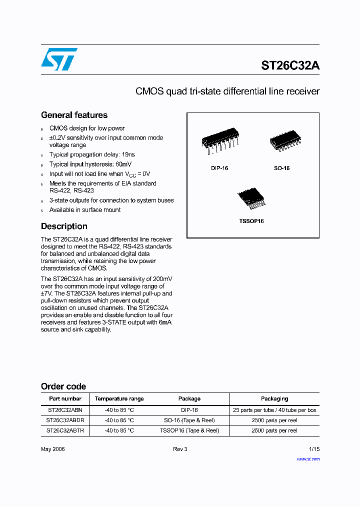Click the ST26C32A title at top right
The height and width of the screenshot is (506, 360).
coord(290,65)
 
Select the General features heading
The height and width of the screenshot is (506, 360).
coord(74,115)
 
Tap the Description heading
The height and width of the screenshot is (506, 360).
coord(64,226)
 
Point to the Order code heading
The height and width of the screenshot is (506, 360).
coord(63,386)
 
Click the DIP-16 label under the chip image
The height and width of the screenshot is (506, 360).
coord(219,168)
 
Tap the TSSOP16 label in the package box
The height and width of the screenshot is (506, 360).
coord(251,221)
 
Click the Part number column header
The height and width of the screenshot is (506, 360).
coord(65,399)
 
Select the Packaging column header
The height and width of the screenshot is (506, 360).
coord(274,399)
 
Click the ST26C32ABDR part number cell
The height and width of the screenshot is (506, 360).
coord(65,420)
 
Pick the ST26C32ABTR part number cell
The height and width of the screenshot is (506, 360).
coord(65,430)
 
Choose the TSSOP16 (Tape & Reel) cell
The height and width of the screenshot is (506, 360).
coord(189,430)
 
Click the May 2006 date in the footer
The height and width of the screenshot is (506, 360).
coord(52,449)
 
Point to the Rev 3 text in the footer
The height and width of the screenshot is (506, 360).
coord(180,449)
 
